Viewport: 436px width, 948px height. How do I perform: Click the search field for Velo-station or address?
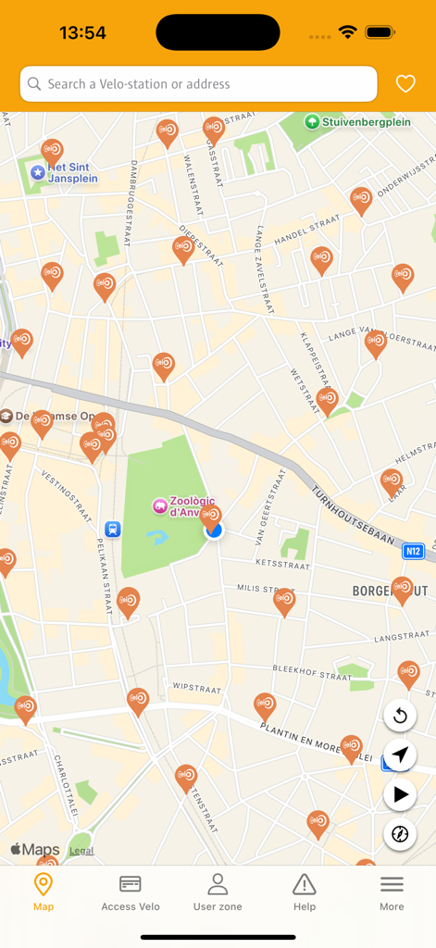[198, 84]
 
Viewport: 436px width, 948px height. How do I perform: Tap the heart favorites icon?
[405, 84]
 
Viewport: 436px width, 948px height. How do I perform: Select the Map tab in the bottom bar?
[44, 892]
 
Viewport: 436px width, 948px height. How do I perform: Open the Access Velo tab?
[131, 892]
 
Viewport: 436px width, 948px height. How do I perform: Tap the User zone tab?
[218, 892]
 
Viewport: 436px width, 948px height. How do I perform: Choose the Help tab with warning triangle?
[305, 892]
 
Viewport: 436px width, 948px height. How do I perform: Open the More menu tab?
[392, 892]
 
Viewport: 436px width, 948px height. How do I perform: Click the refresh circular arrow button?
[400, 716]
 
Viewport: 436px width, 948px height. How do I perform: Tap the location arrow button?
[400, 755]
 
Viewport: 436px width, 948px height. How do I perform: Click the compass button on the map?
[400, 834]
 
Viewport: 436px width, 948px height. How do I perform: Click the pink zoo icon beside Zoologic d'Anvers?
[160, 506]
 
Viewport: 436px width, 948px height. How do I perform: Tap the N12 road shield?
[413, 552]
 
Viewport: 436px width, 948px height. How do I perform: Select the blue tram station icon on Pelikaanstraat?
[113, 530]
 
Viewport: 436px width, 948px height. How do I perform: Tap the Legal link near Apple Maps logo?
[81, 850]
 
